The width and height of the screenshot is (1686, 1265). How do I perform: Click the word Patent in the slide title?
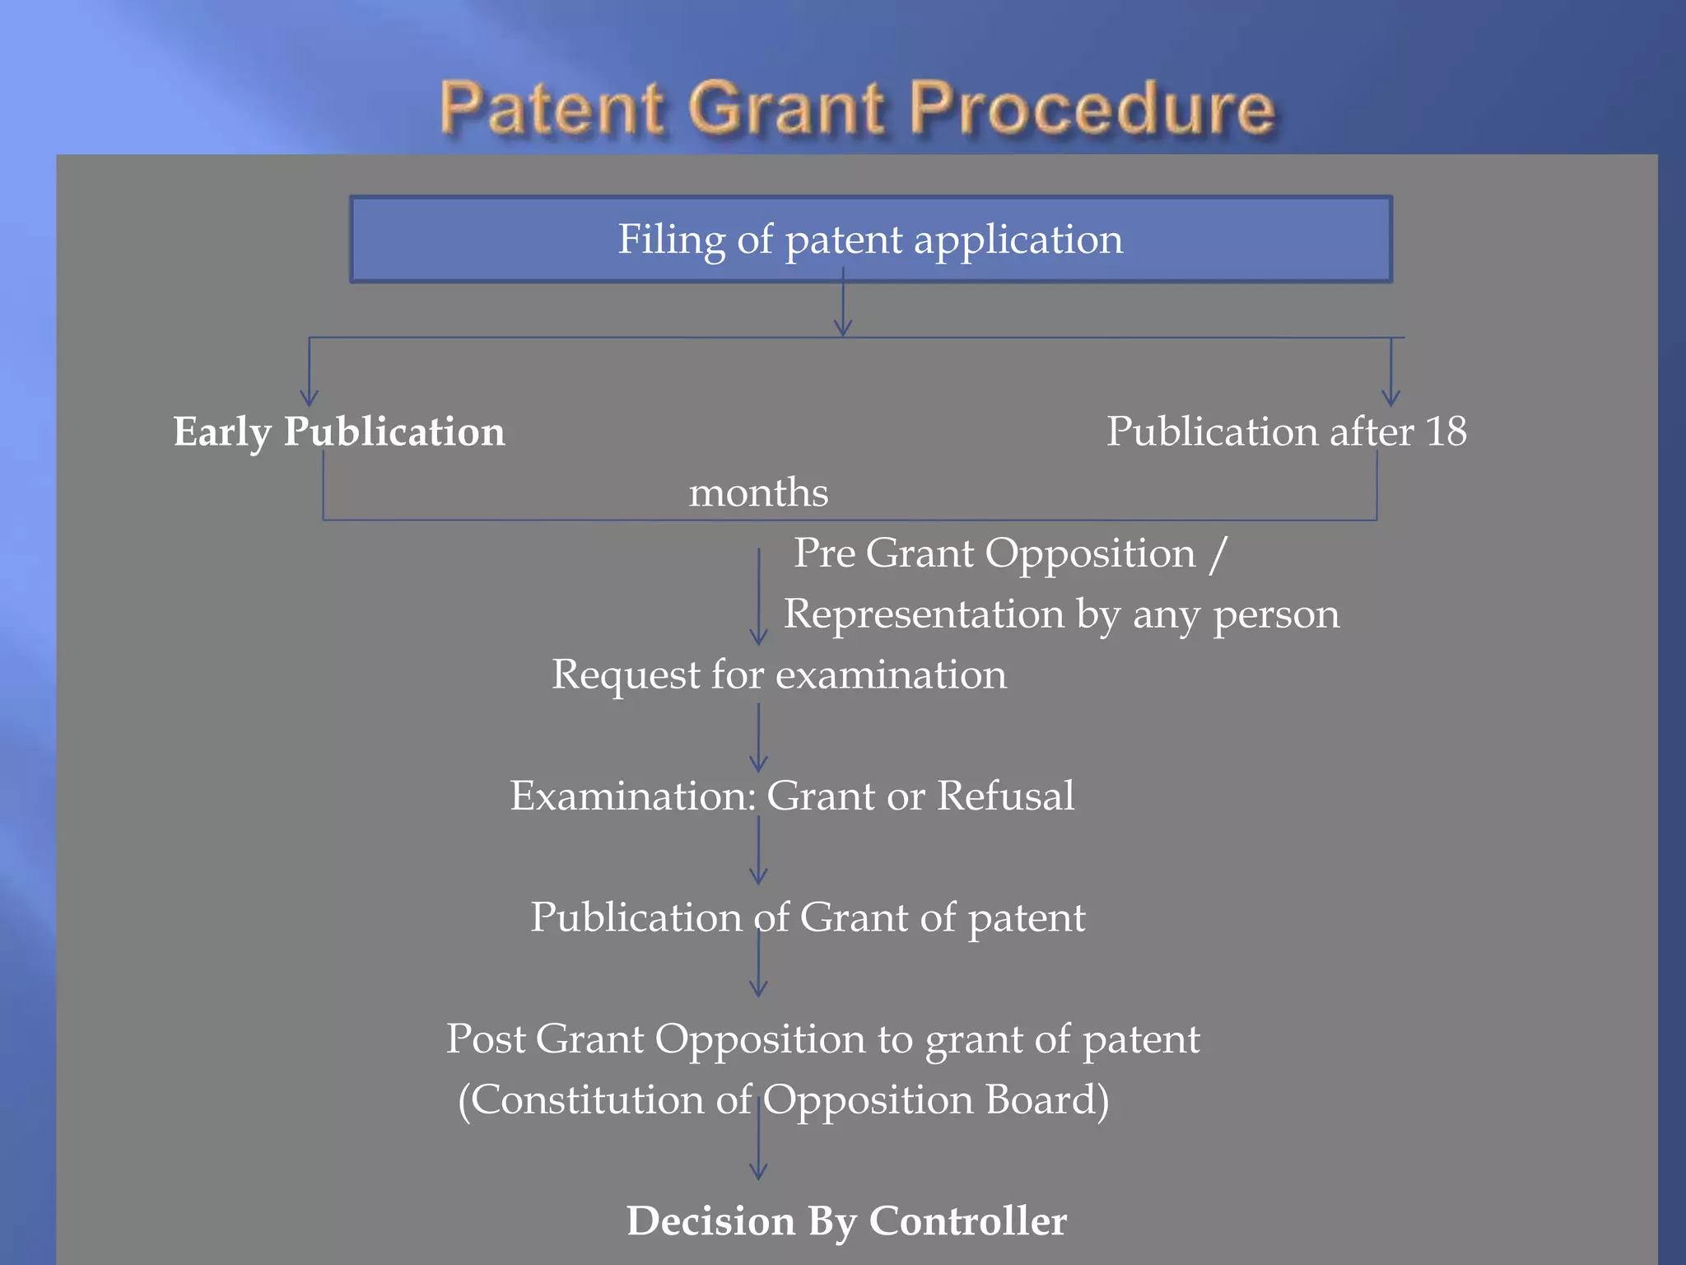[x=552, y=108]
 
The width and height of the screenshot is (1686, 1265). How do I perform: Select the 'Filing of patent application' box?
[x=870, y=240]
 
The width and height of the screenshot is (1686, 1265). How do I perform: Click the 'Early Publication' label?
[x=338, y=432]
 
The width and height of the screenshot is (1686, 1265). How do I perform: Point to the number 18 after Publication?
[x=1446, y=432]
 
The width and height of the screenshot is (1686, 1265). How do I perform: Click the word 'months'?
[x=758, y=492]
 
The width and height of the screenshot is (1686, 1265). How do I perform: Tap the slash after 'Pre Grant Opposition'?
[x=1218, y=553]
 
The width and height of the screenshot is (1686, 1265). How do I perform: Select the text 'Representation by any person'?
[x=1061, y=614]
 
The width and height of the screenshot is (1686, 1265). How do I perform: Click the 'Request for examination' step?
[x=779, y=675]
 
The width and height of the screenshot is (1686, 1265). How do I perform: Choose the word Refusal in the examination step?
[x=1005, y=796]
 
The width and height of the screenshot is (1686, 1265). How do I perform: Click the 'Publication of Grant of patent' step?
[x=807, y=917]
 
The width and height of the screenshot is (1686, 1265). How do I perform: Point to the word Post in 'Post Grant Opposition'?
[x=486, y=1039]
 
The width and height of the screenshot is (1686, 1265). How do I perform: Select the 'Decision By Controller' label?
[x=846, y=1221]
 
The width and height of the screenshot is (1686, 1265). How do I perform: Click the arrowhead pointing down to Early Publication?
[x=309, y=398]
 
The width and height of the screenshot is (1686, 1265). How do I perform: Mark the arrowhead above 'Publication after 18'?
[x=1390, y=398]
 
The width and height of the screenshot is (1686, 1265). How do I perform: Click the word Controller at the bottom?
[x=968, y=1221]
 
